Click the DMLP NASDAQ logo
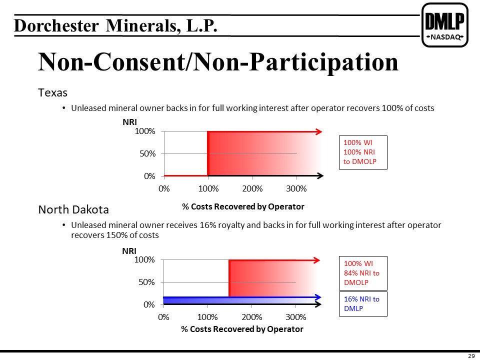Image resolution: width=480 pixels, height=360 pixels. click(445, 25)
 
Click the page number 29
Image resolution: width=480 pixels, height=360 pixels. click(471, 355)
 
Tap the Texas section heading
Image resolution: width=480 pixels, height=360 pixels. click(52, 92)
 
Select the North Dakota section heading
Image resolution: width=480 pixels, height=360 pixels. click(73, 209)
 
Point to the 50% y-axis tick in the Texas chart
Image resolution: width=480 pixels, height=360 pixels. click(147, 153)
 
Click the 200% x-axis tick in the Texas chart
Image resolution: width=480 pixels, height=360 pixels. click(252, 188)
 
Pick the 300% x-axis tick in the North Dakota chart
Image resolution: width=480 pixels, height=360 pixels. click(295, 317)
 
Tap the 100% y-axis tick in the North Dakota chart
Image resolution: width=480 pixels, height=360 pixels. click(144, 260)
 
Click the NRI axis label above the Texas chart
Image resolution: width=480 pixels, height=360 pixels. click(129, 122)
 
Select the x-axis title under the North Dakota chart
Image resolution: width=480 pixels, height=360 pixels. click(242, 329)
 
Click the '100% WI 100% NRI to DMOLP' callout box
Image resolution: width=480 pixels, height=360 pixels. click(363, 152)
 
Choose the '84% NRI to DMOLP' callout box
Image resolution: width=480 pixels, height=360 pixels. click(363, 273)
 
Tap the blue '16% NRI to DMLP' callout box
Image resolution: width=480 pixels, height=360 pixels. click(363, 303)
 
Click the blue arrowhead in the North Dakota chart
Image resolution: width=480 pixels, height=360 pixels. click(318, 297)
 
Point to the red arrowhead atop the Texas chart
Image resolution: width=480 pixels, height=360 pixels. click(318, 131)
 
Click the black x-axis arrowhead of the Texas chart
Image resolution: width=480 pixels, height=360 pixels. click(320, 175)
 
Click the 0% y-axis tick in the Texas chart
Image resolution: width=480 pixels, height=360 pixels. click(149, 176)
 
